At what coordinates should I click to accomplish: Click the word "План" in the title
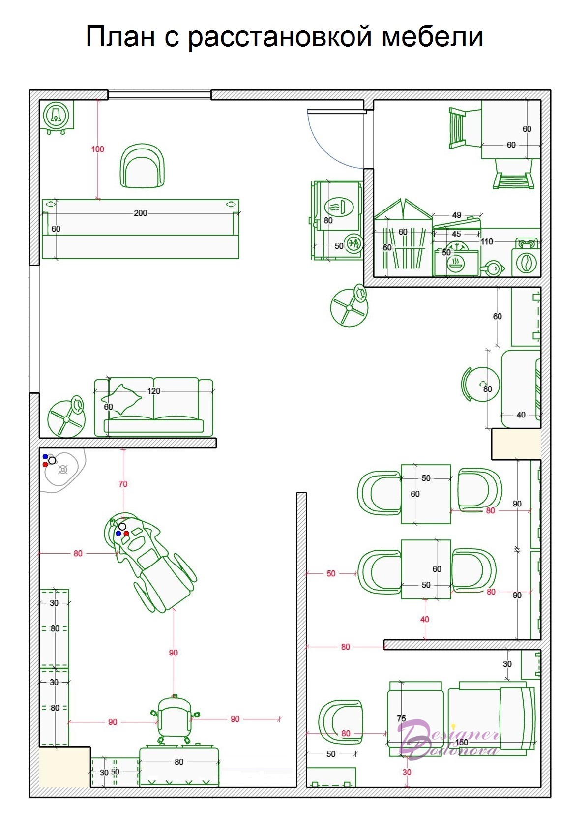tap(120, 36)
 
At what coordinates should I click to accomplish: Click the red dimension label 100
tap(97, 149)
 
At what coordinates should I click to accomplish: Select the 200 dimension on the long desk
tap(140, 213)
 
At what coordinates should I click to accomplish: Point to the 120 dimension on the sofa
tap(153, 391)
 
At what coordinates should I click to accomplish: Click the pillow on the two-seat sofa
tap(122, 399)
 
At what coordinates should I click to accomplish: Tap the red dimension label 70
tap(123, 484)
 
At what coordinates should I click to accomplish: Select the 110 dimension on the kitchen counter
tap(487, 241)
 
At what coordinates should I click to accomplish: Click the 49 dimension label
tap(457, 215)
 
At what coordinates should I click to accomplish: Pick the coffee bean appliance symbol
tap(526, 262)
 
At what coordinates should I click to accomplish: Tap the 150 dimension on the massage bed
tap(462, 742)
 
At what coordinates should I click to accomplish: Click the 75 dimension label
tap(401, 718)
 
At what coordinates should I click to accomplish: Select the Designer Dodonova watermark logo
tap(448, 739)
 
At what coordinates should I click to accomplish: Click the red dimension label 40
tap(425, 619)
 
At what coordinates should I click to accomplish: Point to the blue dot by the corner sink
tap(45, 456)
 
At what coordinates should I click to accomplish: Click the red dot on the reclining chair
tap(126, 533)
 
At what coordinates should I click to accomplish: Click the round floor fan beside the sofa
tap(67, 417)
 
